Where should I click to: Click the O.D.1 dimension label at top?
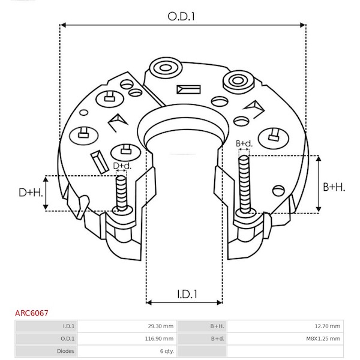click(181, 17)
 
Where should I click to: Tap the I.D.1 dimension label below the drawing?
click(187, 294)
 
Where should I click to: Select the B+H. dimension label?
click(334, 187)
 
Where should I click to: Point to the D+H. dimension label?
click(31, 193)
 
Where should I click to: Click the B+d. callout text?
click(244, 143)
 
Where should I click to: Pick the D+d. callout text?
click(122, 166)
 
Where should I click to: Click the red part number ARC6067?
click(32, 313)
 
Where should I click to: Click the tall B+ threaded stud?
click(244, 184)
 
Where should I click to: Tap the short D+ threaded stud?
click(121, 193)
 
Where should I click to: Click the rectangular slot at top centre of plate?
click(188, 89)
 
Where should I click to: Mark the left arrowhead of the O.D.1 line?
click(63, 25)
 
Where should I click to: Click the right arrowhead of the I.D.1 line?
click(220, 302)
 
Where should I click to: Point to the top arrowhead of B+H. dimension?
click(319, 158)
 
